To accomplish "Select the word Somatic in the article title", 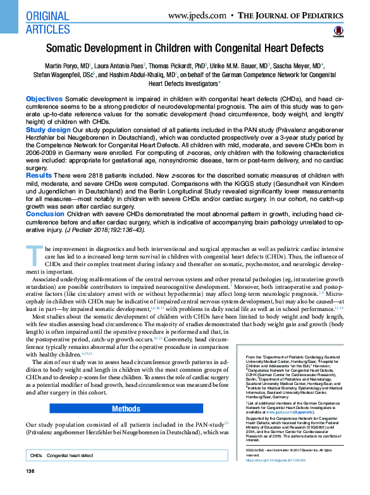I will click(68, 49).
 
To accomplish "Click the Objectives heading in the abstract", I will click(44, 100).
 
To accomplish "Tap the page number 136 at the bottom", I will click(30, 489).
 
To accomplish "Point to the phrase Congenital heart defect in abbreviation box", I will click(70, 474).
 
